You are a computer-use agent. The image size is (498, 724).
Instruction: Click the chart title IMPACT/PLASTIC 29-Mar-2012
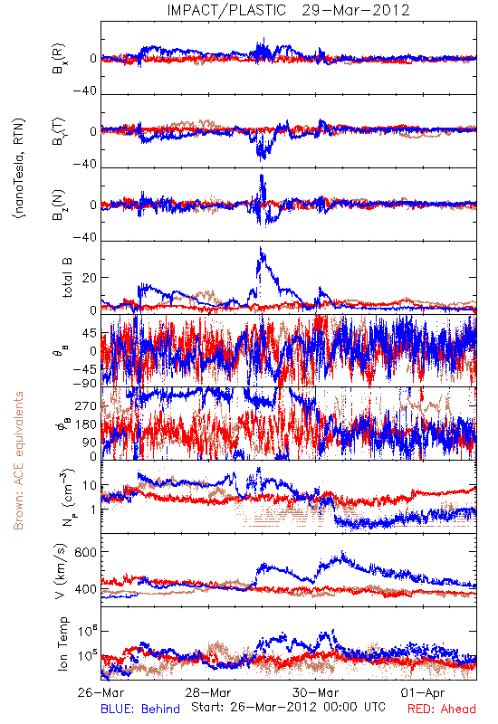[288, 10]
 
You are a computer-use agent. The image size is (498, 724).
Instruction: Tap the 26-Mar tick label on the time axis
[101, 692]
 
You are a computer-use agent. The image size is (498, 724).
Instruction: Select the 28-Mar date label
[208, 692]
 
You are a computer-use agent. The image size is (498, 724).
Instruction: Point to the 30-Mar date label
[316, 692]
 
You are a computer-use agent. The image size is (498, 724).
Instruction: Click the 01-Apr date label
[423, 692]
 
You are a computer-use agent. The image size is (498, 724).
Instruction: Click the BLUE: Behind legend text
[140, 709]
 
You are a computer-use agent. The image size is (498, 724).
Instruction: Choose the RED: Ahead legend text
[442, 709]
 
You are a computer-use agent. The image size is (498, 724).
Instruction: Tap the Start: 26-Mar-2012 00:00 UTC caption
[288, 707]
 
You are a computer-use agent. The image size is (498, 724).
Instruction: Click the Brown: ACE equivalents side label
[18, 461]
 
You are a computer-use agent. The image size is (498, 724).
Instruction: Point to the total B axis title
[66, 278]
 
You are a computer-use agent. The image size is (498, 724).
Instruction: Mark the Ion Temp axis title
[62, 643]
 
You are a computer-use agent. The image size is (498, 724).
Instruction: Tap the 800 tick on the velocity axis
[85, 552]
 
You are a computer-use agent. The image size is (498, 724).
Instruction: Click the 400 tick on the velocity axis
[85, 589]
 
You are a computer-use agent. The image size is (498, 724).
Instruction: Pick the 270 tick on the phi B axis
[86, 405]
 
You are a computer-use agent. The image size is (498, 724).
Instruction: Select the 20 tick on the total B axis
[90, 278]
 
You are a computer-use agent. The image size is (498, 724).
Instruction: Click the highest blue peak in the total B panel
[261, 248]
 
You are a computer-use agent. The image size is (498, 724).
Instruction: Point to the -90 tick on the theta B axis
[85, 383]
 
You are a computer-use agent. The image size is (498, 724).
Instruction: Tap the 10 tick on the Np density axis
[90, 485]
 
